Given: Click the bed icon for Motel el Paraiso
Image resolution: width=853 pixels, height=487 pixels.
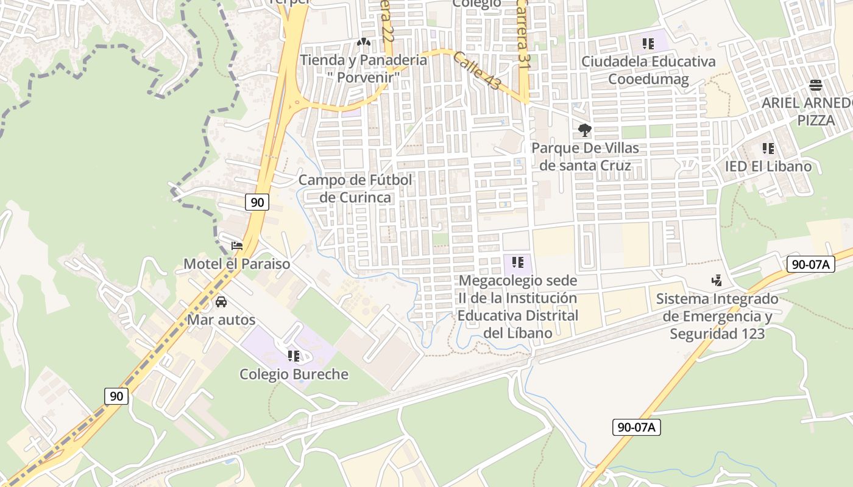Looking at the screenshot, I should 237,246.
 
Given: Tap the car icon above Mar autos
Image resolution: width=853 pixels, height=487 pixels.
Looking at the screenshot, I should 221,301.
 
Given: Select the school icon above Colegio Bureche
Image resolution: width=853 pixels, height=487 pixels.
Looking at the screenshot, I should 294,356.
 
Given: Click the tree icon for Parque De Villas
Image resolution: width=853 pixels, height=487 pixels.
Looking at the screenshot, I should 585,130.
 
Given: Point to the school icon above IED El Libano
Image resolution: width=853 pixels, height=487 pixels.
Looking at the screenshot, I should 768,148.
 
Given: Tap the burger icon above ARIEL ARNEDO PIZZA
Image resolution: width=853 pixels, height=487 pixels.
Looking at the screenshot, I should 816,85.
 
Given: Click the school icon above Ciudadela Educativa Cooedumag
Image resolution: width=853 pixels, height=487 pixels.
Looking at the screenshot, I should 648,43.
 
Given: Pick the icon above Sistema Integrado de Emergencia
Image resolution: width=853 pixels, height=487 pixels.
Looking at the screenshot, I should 717,280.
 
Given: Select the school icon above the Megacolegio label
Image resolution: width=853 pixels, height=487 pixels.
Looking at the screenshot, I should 518,262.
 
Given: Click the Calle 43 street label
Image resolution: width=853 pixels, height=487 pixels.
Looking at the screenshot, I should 477,71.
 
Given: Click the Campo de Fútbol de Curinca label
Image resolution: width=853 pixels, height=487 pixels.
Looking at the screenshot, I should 355,188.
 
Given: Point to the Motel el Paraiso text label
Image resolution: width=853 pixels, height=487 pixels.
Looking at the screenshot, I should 237,264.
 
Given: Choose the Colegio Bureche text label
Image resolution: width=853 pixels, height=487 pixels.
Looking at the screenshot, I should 294,374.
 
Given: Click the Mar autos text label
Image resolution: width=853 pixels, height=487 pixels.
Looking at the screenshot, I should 221,320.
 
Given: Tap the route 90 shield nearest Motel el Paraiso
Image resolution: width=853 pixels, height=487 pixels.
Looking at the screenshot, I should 257,202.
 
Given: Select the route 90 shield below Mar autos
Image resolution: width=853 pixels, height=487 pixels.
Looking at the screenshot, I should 116,396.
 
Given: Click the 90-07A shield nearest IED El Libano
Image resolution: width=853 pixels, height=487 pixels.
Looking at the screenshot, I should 811,264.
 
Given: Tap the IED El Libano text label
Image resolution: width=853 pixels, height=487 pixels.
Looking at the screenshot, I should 768,166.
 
